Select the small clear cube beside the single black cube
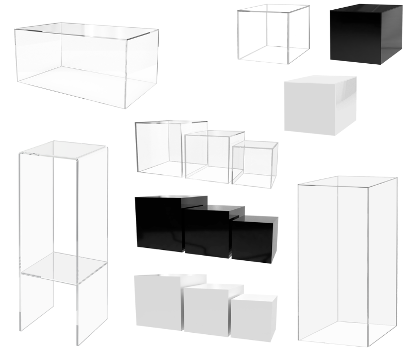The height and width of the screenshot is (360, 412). coord(273,34)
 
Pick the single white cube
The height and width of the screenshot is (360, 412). coord(319,108)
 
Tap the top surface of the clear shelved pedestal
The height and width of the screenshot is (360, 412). coord(63,149)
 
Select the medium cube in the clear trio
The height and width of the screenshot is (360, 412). coord(209,157)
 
